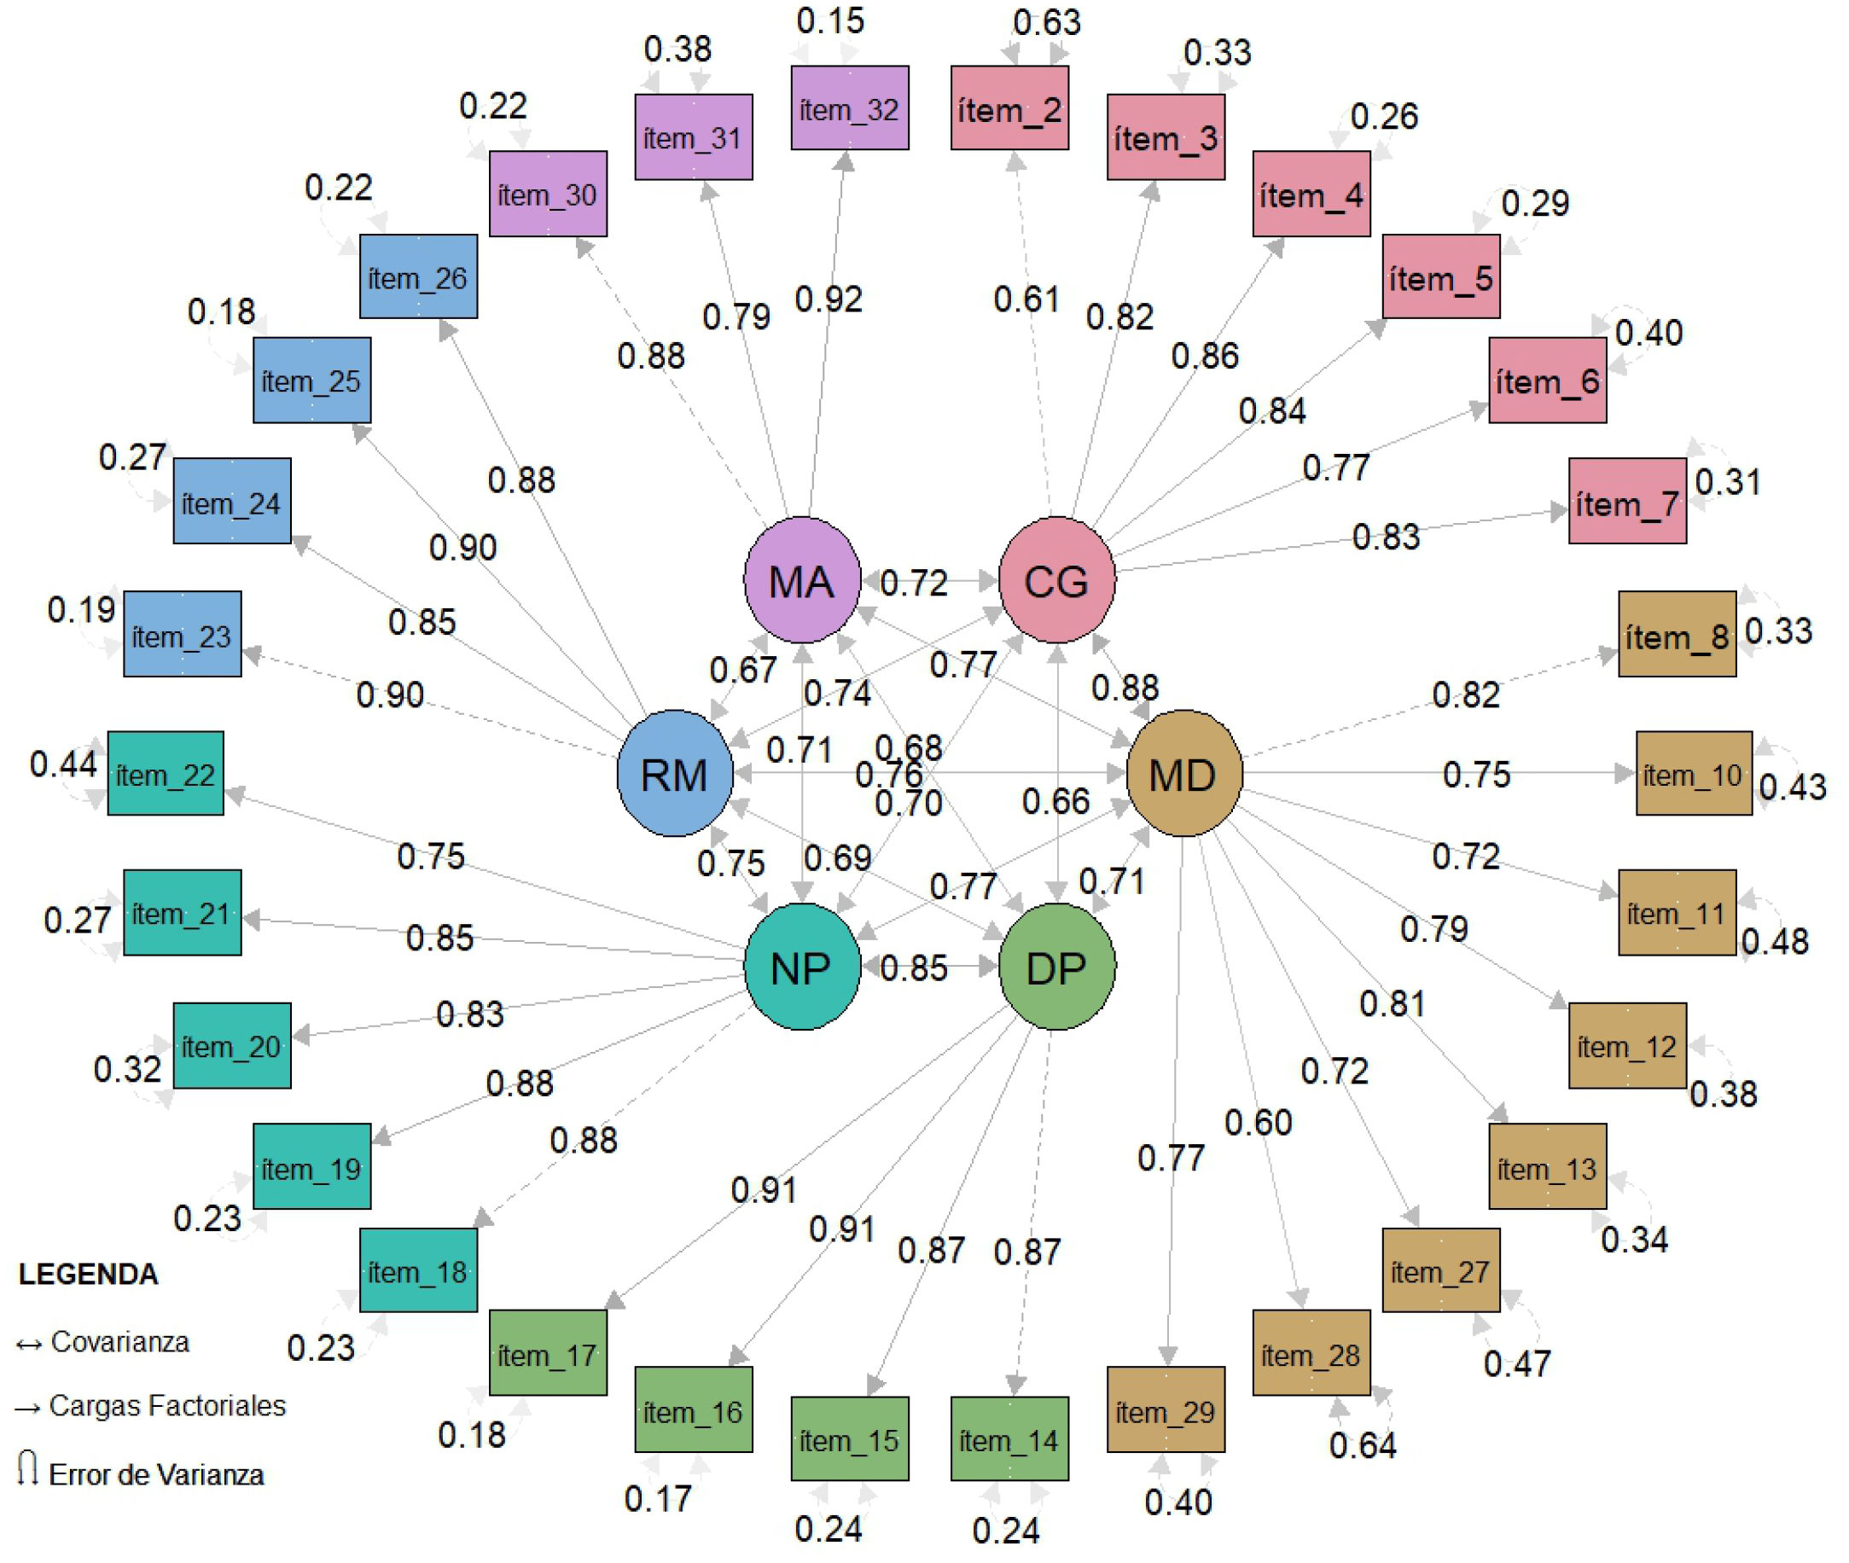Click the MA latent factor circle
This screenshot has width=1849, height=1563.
click(801, 580)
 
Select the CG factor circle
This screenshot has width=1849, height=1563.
click(1056, 580)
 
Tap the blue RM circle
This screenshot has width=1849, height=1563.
click(674, 774)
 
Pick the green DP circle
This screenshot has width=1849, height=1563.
click(1056, 967)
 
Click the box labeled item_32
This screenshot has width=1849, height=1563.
click(849, 108)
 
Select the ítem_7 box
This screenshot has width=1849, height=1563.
click(1626, 501)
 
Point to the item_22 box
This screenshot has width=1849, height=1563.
click(166, 774)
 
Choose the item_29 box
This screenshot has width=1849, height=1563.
click(1165, 1410)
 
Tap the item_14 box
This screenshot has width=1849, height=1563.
click(1009, 1439)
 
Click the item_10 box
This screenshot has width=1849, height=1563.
click(1693, 774)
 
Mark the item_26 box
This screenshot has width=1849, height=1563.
click(418, 276)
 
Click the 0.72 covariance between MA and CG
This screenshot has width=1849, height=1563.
click(915, 582)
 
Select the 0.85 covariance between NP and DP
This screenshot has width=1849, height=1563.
click(915, 967)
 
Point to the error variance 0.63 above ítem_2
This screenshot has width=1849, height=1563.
click(1046, 23)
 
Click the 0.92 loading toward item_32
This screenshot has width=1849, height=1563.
click(829, 299)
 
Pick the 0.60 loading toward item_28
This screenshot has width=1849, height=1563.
click(1258, 1123)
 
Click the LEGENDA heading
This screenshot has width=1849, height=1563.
click(89, 1274)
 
